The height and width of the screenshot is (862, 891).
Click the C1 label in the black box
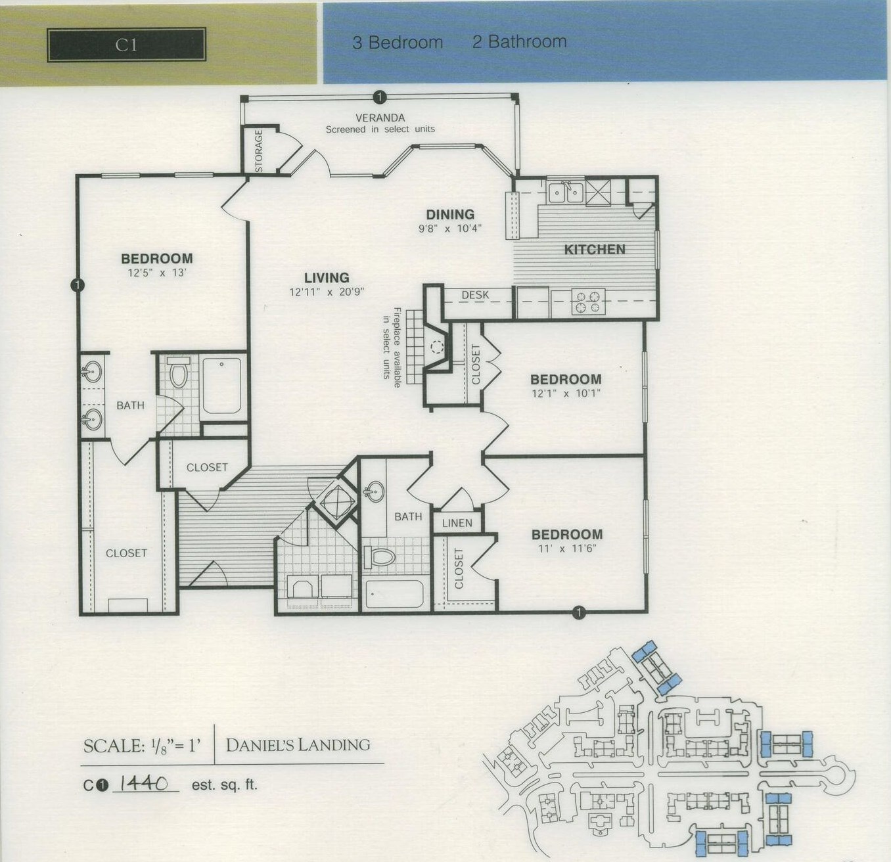point(126,45)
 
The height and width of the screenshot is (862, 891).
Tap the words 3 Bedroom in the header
point(398,43)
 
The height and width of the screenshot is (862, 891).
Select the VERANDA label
point(380,118)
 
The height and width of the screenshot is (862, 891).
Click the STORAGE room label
point(258,151)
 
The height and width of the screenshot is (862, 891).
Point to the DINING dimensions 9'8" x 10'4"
point(450,229)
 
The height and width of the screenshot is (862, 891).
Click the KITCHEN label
point(595,250)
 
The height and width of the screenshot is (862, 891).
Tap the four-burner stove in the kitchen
point(587,302)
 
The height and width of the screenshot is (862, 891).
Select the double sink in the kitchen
point(566,192)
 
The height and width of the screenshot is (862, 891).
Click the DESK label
point(475,295)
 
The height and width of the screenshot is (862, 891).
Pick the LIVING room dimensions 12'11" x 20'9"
point(327,292)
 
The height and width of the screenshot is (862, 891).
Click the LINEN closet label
point(457,523)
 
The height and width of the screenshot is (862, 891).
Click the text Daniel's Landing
point(298,745)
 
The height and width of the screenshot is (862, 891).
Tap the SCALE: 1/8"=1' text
point(141,746)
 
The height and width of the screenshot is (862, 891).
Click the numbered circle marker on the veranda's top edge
point(378,98)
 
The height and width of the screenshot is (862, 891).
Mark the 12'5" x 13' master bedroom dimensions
point(156,273)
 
